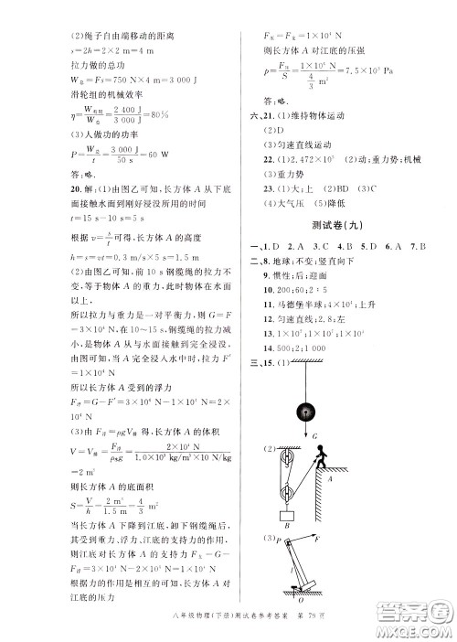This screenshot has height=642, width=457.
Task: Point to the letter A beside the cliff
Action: click(x=330, y=477)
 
